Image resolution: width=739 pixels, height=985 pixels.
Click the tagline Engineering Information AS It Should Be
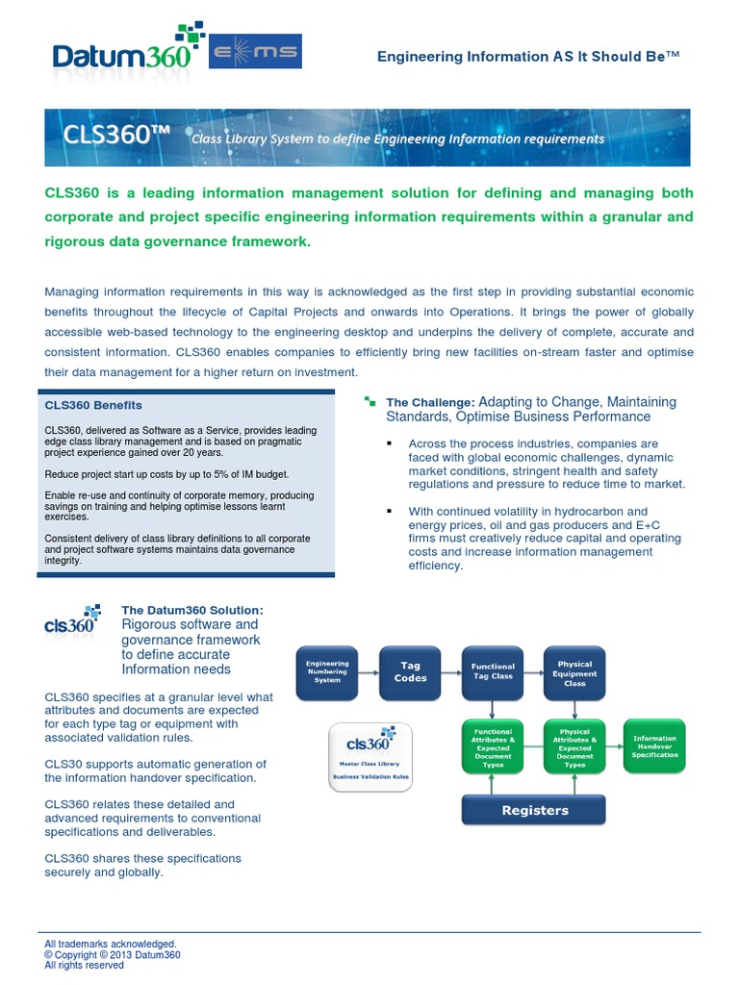[x=528, y=57]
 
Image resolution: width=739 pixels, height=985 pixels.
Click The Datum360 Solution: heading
[x=192, y=610]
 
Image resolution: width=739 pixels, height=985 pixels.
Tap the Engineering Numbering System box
[x=327, y=671]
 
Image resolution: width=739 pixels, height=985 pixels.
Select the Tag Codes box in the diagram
[x=410, y=671]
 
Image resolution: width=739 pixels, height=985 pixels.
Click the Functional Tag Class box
[x=493, y=671]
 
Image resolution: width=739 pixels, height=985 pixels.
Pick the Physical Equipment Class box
[x=574, y=671]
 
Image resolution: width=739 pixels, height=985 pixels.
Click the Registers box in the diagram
[x=534, y=810]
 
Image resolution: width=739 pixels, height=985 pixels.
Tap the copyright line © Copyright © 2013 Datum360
[x=113, y=955]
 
